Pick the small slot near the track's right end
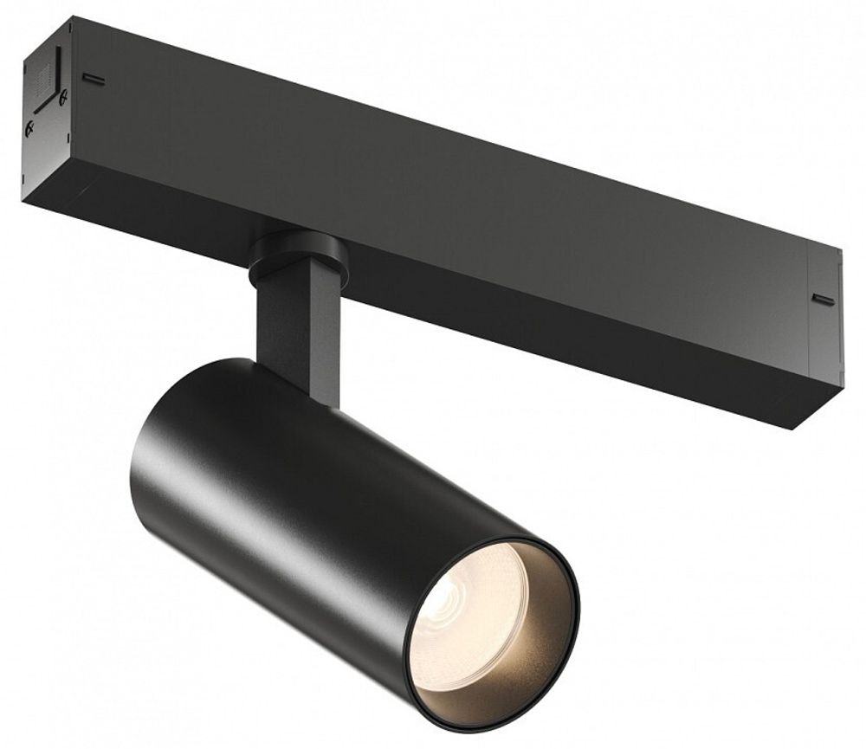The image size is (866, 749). click(x=823, y=300)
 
